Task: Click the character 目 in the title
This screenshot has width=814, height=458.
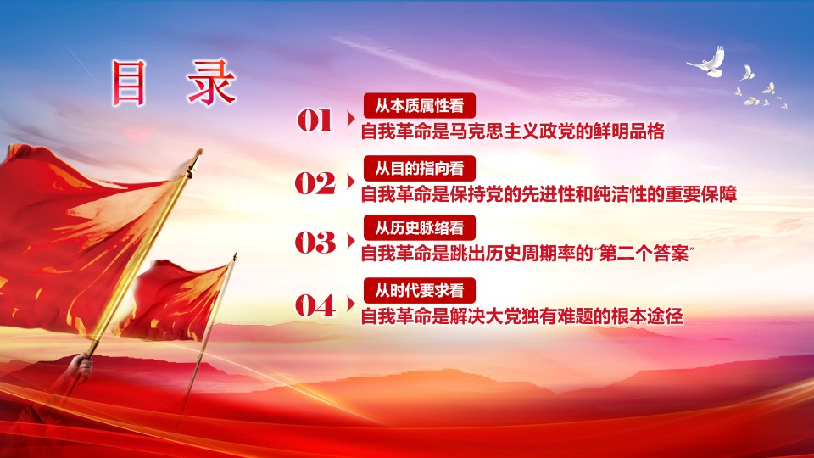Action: [129, 83]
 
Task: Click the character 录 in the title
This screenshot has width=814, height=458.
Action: [212, 82]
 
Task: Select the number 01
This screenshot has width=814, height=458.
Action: [315, 120]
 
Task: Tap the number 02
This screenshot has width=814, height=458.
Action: [315, 183]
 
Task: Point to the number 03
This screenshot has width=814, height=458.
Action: [315, 243]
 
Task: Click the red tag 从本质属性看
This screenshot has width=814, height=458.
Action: [420, 106]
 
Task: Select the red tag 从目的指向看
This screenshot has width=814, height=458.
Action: [420, 168]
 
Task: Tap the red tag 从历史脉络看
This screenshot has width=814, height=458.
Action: [420, 227]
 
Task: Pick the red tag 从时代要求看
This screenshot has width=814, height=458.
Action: [420, 290]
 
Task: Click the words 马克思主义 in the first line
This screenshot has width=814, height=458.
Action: [494, 131]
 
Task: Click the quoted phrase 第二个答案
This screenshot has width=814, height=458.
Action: [644, 254]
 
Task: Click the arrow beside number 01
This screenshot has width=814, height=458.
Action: [351, 119]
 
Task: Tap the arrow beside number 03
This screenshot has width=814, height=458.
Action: [351, 241]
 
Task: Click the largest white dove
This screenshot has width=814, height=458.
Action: [707, 63]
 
